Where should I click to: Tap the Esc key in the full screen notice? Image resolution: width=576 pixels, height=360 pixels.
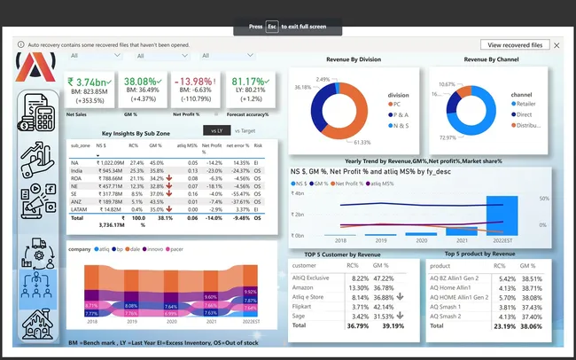(272, 27)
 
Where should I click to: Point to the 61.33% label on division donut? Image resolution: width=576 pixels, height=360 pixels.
(362, 142)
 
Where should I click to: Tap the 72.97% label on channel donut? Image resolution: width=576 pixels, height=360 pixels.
(448, 137)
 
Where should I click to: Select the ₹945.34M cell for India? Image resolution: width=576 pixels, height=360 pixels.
(110, 171)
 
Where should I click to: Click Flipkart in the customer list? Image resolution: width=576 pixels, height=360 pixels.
(305, 306)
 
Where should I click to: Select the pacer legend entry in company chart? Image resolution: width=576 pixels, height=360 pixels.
(176, 249)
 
